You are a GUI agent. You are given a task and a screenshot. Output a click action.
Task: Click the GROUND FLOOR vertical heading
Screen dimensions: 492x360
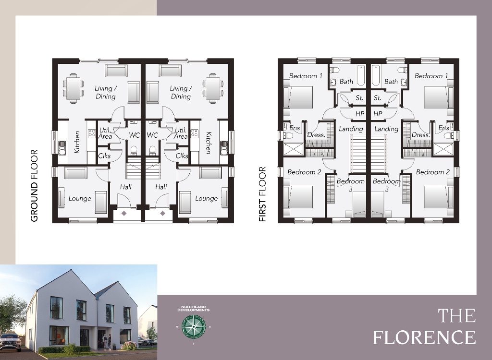pyautogui.click(x=34, y=186)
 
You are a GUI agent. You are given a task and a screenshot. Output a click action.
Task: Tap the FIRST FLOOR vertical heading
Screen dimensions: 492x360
pyautogui.click(x=262, y=194)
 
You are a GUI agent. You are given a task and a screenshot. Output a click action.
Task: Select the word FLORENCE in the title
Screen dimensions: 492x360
pyautogui.click(x=424, y=337)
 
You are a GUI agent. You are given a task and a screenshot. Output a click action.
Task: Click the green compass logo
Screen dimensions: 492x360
pyautogui.click(x=194, y=327)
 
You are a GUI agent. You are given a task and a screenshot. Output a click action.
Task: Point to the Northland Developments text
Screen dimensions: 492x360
pyautogui.click(x=194, y=308)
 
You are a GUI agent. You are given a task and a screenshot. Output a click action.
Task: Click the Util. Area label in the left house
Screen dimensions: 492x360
pyautogui.click(x=105, y=133)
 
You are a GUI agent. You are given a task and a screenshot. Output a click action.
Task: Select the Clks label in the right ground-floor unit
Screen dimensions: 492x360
pyautogui.click(x=182, y=156)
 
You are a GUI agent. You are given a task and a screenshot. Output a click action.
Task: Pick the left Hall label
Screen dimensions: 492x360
pyautogui.click(x=126, y=187)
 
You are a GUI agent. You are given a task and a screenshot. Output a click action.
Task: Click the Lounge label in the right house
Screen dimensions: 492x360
pyautogui.click(x=207, y=199)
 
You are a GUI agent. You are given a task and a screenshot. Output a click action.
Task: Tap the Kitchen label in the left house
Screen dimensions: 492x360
pyautogui.click(x=77, y=143)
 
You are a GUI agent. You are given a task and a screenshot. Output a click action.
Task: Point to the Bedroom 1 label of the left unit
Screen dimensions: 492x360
pyautogui.click(x=305, y=76)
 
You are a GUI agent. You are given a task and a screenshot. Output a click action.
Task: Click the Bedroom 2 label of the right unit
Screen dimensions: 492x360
pyautogui.click(x=433, y=172)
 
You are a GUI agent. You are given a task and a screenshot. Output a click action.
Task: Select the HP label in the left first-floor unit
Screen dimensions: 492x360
pyautogui.click(x=360, y=114)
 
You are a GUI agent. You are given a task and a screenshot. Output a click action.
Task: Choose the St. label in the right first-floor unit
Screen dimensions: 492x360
pyautogui.click(x=378, y=98)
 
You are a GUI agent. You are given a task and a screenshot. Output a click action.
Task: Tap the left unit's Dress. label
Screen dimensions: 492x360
pyautogui.click(x=316, y=135)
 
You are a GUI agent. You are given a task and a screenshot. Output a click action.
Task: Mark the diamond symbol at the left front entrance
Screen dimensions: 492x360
pyautogui.click(x=124, y=214)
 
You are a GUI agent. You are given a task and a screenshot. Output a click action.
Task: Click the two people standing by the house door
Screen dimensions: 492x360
pyautogui.click(x=107, y=342)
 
